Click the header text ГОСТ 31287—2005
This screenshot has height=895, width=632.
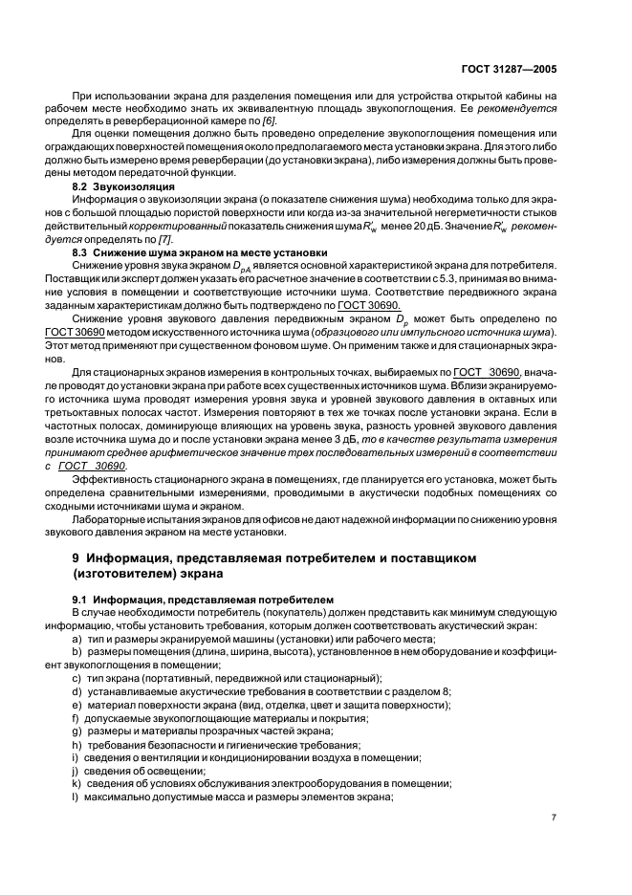(x=515, y=69)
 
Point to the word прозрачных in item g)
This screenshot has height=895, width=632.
(x=236, y=717)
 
